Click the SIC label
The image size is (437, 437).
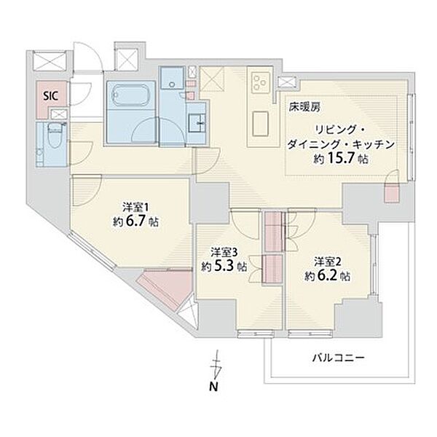tap(51, 96)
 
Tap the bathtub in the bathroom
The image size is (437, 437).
tap(130, 94)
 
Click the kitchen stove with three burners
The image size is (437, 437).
tap(261, 82)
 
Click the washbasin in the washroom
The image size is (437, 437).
tap(197, 122)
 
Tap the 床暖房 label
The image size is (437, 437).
tap(304, 107)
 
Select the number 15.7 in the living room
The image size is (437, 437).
tap(341, 158)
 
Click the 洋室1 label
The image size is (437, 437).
tap(135, 208)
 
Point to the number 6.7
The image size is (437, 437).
tap(135, 221)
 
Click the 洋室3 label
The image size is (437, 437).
tap(224, 252)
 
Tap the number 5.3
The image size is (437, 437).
tap(224, 267)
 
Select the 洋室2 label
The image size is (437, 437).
tap(328, 261)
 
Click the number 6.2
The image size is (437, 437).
tap(328, 276)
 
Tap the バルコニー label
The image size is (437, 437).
tap(338, 358)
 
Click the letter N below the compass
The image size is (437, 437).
tap(213, 387)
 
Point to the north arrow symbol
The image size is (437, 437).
tap(216, 365)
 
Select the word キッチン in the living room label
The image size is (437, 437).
tap(373, 144)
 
